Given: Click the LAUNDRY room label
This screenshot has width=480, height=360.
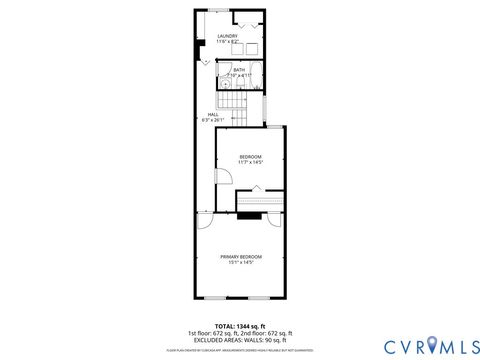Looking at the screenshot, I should point(228,36).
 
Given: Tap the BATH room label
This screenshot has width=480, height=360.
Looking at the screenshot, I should point(239,70).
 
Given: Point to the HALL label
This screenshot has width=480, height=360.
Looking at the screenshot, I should point(213,115).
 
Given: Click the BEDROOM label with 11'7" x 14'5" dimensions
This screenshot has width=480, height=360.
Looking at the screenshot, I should point(250,157).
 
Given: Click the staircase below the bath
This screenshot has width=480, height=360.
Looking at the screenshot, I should point(233,102).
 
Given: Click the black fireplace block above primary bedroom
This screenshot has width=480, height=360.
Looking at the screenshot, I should point(249,213).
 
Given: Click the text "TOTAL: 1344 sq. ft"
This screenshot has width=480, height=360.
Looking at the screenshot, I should point(240,326).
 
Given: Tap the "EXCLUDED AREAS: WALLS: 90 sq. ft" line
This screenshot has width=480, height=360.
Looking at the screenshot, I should point(240,339).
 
